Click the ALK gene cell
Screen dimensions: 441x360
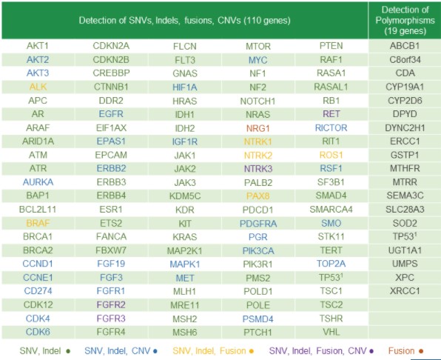(38, 87)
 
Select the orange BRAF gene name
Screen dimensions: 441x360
(38, 223)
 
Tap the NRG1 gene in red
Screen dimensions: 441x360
(258, 128)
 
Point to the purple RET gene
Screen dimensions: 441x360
(331, 114)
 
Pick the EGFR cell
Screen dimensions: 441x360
(111, 114)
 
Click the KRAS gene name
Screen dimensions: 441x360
(185, 237)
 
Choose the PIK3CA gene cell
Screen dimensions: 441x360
(258, 250)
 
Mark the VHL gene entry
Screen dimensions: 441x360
(331, 332)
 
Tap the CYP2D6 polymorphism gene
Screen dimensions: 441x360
(405, 101)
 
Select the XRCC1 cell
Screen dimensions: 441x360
(405, 291)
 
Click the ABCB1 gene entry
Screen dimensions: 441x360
(405, 46)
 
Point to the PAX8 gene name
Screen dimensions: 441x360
(258, 196)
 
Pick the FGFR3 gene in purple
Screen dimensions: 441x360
(111, 319)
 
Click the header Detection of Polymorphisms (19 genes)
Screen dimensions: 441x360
(405, 20)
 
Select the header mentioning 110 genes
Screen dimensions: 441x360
(185, 20)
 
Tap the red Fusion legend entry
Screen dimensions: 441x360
(405, 351)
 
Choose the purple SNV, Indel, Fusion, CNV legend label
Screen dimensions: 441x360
(321, 351)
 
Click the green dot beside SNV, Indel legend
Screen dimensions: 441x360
(68, 351)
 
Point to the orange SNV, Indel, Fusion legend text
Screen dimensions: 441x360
(213, 351)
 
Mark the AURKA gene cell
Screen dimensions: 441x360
(38, 182)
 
